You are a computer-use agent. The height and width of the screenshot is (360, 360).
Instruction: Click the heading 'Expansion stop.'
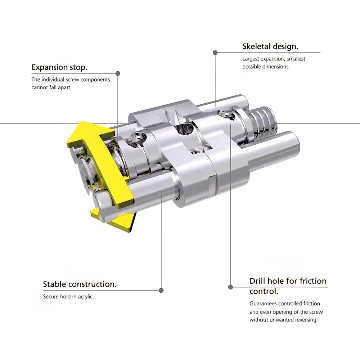point(59,67)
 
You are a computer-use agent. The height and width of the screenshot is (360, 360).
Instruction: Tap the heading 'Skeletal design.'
point(270,46)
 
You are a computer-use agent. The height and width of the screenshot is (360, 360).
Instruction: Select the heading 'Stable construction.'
point(80,284)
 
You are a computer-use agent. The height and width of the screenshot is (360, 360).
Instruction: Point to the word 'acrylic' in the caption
point(86,297)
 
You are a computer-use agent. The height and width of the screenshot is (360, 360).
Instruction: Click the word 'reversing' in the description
point(306,320)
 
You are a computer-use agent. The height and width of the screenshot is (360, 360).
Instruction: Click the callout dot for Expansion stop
point(118,73)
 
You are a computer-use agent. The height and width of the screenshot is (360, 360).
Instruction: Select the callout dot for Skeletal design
point(215,53)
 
